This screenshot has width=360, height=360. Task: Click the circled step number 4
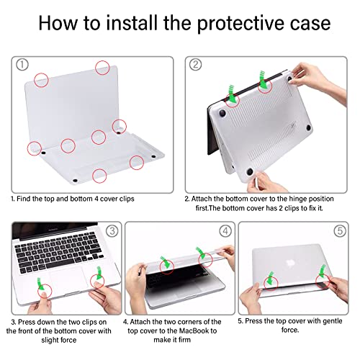225,231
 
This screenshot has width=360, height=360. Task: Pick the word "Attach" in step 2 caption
205,198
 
